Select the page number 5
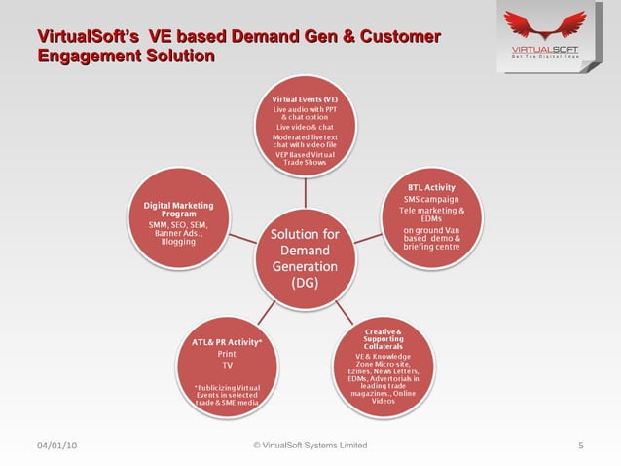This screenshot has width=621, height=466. coord(580,447)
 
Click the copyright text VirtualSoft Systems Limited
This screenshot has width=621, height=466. coord(310,446)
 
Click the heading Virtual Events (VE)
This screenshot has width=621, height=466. coord(305,99)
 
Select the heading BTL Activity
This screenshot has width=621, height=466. coord(432,186)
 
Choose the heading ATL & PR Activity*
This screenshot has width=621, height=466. coord(227,341)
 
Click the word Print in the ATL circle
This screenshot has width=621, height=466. coord(226,354)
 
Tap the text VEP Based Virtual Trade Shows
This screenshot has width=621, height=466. coord(305,159)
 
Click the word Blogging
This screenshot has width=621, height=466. coord(177,241)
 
